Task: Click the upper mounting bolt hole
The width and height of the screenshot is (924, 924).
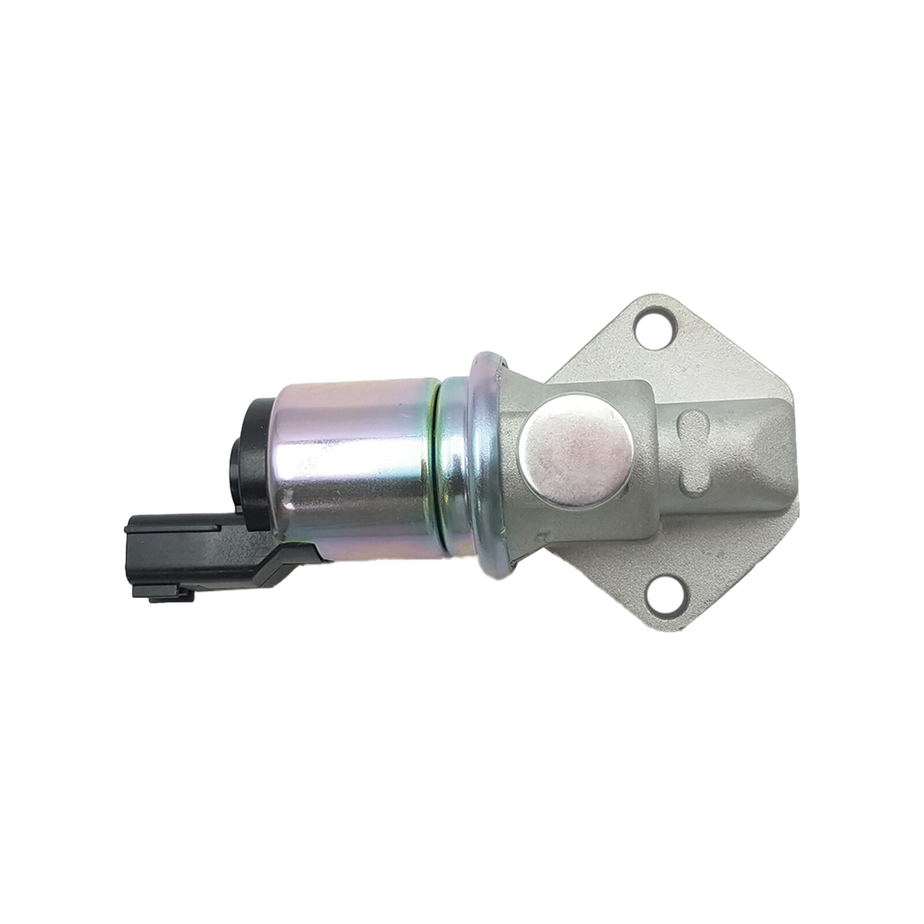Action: pos(655,327)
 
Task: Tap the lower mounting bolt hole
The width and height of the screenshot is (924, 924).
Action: pos(664,595)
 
